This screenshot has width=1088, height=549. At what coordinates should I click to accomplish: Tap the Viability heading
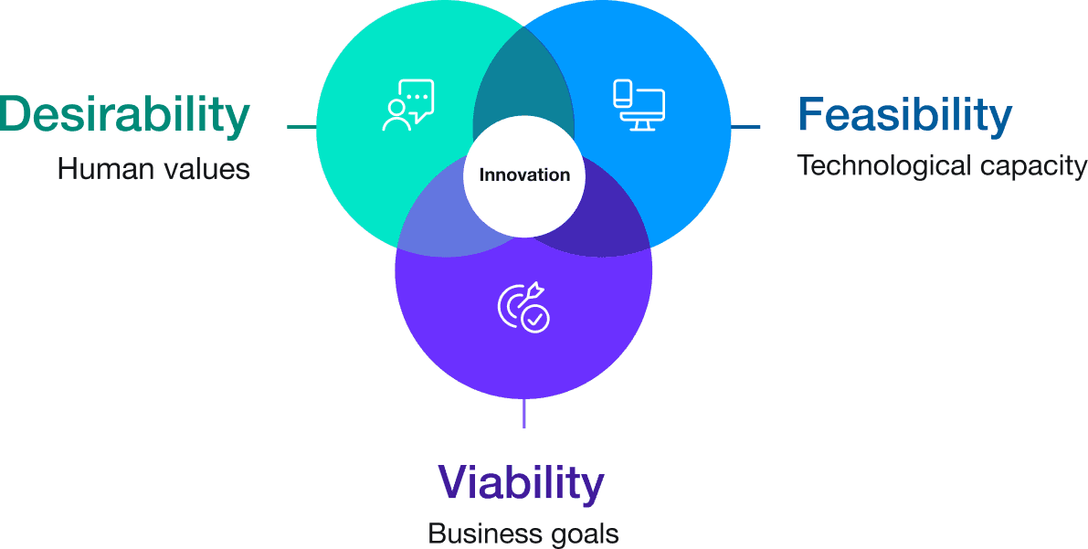[521, 483]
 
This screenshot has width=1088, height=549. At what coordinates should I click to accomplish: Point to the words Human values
[153, 169]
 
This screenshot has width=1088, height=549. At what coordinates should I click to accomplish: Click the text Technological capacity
[941, 166]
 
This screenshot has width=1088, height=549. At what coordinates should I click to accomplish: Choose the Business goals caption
[523, 533]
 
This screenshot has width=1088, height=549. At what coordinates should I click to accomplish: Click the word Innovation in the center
[524, 175]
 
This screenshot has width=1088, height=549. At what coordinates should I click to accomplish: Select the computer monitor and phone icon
[639, 105]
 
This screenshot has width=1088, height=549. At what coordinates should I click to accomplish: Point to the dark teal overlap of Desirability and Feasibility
[523, 91]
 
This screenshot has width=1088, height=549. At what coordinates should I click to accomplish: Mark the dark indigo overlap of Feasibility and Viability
[607, 224]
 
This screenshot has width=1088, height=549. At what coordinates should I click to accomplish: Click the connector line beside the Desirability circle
[301, 127]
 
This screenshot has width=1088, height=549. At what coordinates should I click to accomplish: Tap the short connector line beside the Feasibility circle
[746, 127]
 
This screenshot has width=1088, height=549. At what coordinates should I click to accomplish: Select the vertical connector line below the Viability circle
[523, 413]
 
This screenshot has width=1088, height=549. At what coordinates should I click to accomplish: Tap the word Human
[101, 169]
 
